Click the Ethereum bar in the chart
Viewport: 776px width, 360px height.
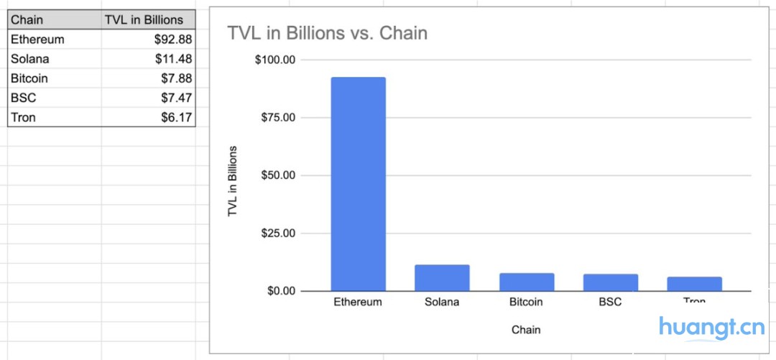358,184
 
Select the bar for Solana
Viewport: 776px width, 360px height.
442,278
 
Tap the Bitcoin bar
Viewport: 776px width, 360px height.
526,282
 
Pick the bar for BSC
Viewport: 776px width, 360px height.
610,282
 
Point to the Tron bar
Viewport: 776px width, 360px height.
694,284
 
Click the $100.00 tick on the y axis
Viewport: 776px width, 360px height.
275,60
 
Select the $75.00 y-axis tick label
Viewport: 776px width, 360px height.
278,118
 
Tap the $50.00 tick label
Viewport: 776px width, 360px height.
278,175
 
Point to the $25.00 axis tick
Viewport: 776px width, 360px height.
278,234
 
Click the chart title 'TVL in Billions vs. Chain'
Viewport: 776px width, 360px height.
328,33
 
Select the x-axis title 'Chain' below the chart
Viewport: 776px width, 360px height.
526,330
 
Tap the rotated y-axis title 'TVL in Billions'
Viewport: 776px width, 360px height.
233,182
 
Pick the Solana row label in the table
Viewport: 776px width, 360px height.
30,59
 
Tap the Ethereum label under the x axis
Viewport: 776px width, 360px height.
358,303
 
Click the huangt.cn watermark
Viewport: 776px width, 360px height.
711,328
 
